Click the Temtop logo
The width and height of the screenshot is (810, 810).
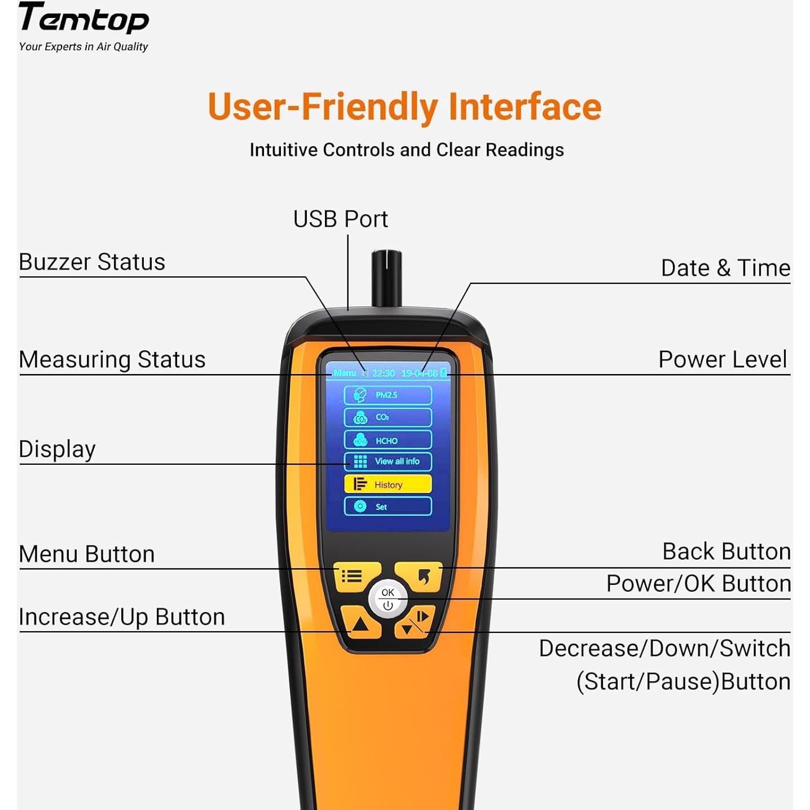point(83,19)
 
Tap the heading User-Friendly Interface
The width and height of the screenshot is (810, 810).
point(404,107)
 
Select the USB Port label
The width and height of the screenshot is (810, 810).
point(340,219)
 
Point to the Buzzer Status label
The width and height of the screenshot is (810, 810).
point(92,262)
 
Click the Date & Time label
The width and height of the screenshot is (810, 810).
point(725,268)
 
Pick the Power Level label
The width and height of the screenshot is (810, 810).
point(723,359)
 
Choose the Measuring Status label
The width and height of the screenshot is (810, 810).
point(112,359)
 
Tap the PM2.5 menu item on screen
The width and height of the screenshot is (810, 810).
point(388,395)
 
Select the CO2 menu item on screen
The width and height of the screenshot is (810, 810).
point(388,417)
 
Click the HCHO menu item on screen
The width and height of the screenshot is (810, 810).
point(388,440)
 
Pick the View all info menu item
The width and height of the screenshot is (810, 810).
point(388,461)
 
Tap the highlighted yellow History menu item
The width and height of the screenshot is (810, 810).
point(388,484)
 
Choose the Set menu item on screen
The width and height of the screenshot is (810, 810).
point(388,507)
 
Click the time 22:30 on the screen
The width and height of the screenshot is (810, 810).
point(383,373)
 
